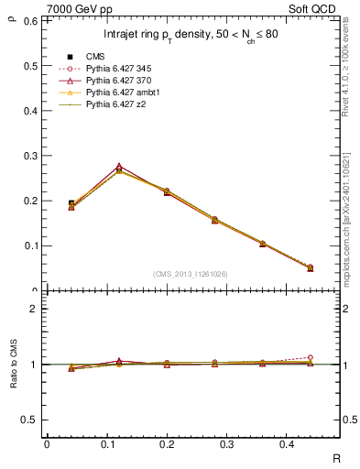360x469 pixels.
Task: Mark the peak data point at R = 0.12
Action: click(x=119, y=169)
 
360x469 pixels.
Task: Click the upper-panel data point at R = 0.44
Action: click(x=310, y=268)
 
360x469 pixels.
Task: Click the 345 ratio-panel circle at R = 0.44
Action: click(x=310, y=357)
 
